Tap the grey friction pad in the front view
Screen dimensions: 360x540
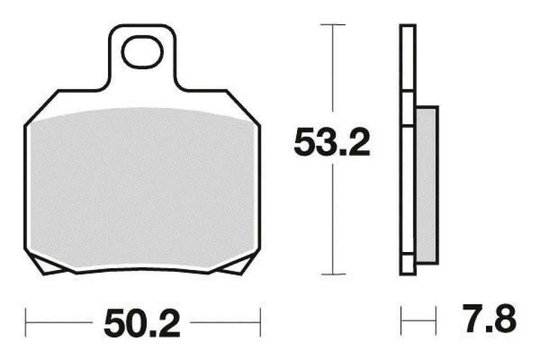pyautogui.click(x=142, y=186)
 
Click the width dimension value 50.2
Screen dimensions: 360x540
pyautogui.click(x=142, y=323)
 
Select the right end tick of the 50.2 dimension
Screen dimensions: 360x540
pyautogui.click(x=260, y=323)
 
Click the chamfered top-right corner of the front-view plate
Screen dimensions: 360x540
pyautogui.click(x=244, y=107)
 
